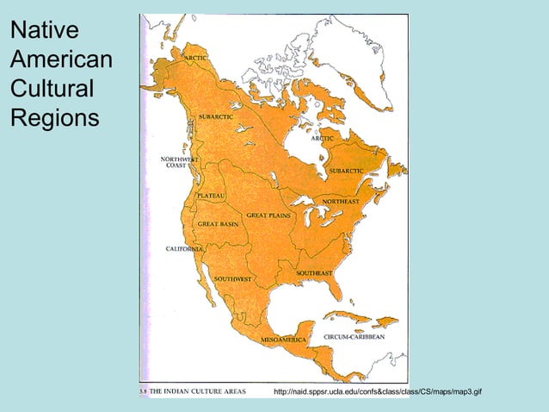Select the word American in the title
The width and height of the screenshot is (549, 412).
pyautogui.click(x=60, y=60)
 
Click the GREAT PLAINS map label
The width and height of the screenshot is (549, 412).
pyautogui.click(x=268, y=215)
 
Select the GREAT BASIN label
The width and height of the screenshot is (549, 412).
pyautogui.click(x=218, y=223)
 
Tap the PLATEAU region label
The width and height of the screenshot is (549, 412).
pyautogui.click(x=211, y=197)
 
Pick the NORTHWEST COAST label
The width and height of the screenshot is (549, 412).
pyautogui.click(x=179, y=162)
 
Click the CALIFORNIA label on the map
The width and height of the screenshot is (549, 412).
pyautogui.click(x=184, y=248)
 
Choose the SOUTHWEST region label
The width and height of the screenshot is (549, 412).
pyautogui.click(x=232, y=279)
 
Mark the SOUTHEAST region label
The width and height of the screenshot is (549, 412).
pyautogui.click(x=314, y=272)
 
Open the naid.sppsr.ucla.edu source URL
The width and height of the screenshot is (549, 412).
pyautogui.click(x=377, y=392)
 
